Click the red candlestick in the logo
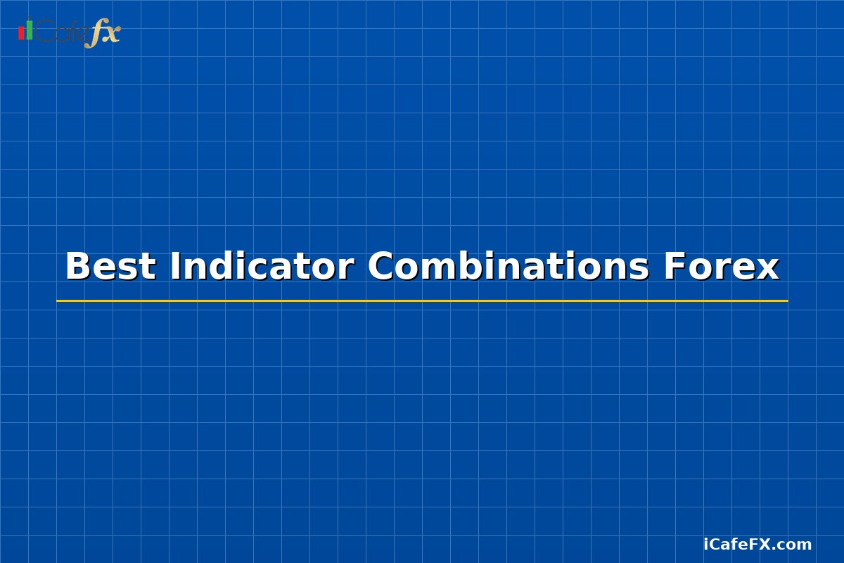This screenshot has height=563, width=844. point(21,33)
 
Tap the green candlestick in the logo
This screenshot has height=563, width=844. point(30,30)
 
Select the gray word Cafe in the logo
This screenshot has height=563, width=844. point(62,32)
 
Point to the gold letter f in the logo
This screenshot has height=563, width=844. point(94,34)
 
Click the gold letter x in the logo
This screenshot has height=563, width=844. point(111,32)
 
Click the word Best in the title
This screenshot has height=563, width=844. point(110,267)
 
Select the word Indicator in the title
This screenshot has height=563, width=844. point(261,267)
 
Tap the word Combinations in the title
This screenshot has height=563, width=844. point(508,267)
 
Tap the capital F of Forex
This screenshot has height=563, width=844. point(673,267)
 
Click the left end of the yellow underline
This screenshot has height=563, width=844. point(58,301)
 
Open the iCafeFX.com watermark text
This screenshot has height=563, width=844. point(757,545)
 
